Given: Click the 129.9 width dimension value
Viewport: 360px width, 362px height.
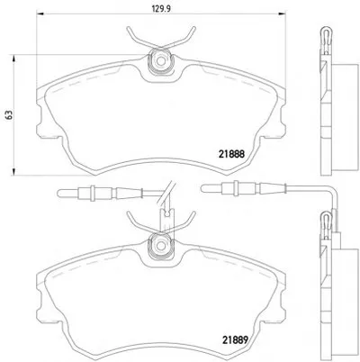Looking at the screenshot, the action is point(161,8).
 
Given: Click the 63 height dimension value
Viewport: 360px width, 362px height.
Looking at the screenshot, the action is point(10,114).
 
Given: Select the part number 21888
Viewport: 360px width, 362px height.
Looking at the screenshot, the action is point(231,154).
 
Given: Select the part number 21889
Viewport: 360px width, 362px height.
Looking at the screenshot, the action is point(235,339).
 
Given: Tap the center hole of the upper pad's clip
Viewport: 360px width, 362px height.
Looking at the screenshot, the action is point(161,61).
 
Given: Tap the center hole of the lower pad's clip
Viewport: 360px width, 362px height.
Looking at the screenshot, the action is point(161,245).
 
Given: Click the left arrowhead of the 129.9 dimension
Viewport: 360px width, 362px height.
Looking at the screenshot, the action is point(40,14).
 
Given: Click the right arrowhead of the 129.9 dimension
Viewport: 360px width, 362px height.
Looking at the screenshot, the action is point(282,14).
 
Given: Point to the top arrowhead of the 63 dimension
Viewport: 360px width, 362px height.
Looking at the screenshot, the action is point(13,59).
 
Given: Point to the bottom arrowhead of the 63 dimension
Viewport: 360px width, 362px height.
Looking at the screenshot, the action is point(13,171).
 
